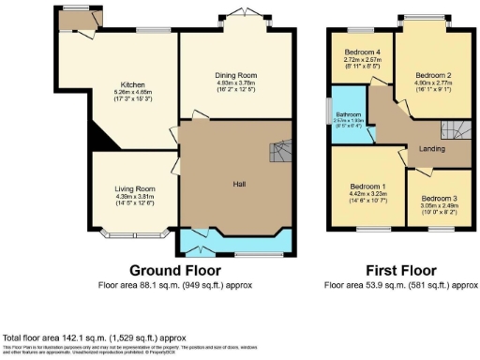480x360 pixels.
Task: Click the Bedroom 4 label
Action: click(363, 52)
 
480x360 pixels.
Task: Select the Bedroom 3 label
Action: click(438, 199)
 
